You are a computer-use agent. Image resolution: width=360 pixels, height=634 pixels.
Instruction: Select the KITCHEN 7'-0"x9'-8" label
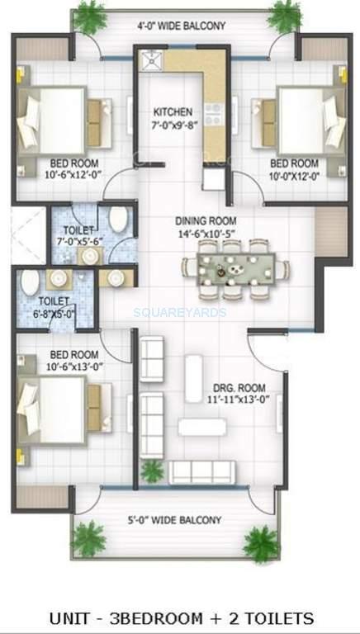pyautogui.click(x=173, y=118)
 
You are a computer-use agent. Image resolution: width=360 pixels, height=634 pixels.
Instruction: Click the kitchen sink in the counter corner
pyautogui.click(x=151, y=58)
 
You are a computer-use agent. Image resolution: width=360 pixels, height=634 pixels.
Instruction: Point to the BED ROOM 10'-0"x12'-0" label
pyautogui.click(x=294, y=168)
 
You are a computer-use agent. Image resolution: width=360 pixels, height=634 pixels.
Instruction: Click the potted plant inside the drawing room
pyautogui.click(x=152, y=471)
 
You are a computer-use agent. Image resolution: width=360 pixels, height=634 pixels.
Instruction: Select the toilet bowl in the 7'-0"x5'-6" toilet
pyautogui.click(x=118, y=220)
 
